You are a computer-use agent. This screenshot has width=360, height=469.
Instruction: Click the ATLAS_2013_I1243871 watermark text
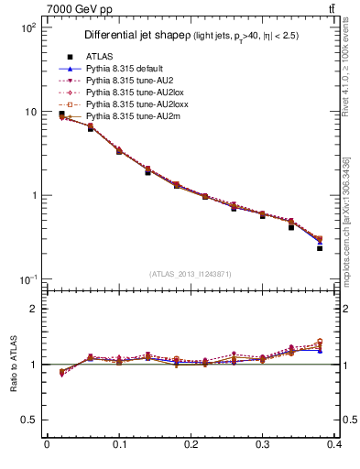pos(191,274)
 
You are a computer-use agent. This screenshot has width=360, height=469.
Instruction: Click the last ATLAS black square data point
pos(320,248)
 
